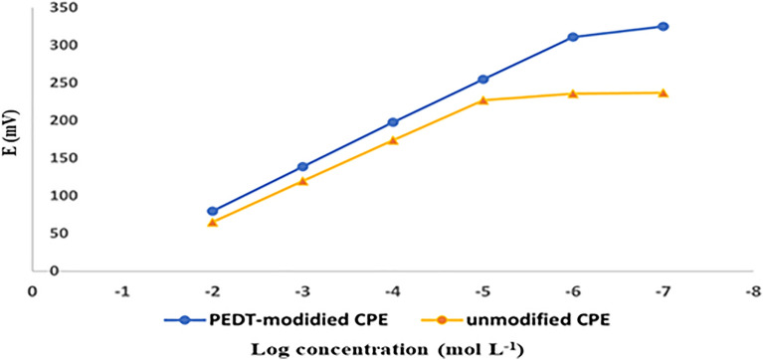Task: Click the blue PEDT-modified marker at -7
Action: tap(663, 27)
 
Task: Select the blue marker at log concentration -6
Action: tap(573, 37)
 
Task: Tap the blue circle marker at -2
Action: tap(213, 211)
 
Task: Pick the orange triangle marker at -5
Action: tap(482, 100)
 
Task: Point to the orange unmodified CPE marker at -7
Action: tap(663, 92)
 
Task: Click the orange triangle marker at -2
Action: tap(213, 222)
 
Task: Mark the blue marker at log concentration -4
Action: tap(393, 122)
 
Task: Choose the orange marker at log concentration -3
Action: tap(302, 181)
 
